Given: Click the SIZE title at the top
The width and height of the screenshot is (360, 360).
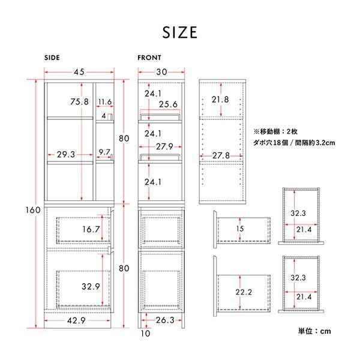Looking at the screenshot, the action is tap(180, 32).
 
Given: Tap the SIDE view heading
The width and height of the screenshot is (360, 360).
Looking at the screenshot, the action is tap(52, 58).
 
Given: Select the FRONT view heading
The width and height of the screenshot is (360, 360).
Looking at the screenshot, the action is tap(149, 58).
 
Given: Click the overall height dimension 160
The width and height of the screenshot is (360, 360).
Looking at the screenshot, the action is tap(33, 210).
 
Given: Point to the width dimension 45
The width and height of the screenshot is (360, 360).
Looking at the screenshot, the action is tap(79, 72).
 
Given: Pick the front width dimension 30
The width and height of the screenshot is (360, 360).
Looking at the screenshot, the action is tap(161, 72).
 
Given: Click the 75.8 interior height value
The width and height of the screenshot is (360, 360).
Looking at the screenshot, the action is tap(79, 101).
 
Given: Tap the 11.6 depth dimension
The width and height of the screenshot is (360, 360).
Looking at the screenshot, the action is tap(105, 102).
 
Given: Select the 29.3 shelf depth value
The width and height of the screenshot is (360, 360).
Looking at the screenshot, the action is tap(66, 155).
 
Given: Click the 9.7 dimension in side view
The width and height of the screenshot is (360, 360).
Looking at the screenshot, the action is tap(104, 152).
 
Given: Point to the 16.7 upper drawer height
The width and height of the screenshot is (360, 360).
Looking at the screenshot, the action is tap(91, 229).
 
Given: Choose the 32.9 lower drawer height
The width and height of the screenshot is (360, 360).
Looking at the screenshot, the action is tap(91, 287).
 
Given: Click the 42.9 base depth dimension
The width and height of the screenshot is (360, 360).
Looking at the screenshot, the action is tap(76, 320).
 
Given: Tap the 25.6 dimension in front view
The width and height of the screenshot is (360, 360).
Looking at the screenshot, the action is tap(168, 104).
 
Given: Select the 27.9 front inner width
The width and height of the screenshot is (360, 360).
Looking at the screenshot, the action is tap(164, 146).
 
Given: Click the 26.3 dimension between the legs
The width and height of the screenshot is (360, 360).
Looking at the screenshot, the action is tap(165, 320).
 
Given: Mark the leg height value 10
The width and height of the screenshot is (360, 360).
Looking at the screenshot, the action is tap(145, 334).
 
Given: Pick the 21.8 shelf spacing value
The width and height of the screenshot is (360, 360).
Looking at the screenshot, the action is tap(220, 100).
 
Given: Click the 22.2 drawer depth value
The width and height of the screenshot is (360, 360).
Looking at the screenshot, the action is tap(244, 292).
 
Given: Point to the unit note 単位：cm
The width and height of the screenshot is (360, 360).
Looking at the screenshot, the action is tap(314, 331).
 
